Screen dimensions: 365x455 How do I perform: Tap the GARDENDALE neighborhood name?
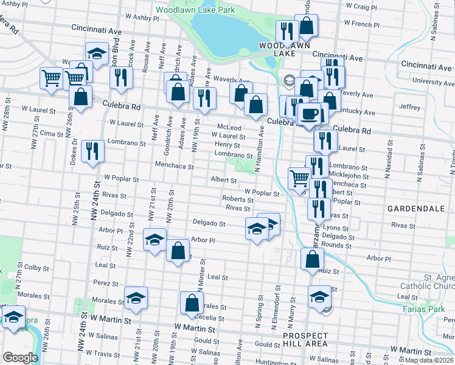(415, 208)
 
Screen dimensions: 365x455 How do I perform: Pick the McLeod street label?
(229, 127)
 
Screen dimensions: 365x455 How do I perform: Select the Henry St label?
(227, 145)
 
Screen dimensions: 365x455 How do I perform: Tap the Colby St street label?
(36, 267)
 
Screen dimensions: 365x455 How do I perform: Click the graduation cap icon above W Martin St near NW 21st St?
(136, 297)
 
